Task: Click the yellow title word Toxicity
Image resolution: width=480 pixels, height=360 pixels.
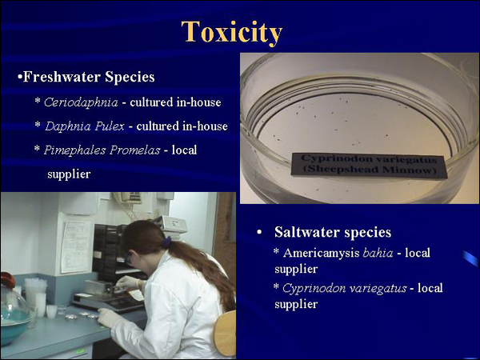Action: tap(231, 33)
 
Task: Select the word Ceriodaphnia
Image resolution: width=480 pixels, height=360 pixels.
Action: tap(81, 102)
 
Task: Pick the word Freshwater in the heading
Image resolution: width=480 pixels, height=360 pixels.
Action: tap(62, 77)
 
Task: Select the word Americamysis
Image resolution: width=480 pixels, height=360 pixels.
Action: tap(321, 253)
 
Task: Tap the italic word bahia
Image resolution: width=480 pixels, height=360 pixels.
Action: tap(378, 253)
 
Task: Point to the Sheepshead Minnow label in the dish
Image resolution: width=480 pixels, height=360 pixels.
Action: tap(369, 165)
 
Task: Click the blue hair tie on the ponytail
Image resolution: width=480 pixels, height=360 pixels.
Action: tap(166, 242)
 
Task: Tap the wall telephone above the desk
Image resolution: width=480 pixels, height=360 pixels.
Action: tap(127, 198)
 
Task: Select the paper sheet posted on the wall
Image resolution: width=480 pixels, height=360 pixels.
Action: tap(76, 246)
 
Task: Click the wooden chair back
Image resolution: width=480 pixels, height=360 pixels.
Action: tap(225, 334)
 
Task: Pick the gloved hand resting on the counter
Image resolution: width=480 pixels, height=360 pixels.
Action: tap(109, 318)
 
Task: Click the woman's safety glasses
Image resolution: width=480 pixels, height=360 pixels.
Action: tap(129, 259)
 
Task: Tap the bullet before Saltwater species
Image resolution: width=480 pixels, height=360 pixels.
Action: tap(259, 232)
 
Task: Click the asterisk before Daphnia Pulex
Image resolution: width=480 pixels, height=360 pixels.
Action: tap(38, 125)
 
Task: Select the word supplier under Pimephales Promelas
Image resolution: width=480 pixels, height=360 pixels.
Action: tap(69, 174)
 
